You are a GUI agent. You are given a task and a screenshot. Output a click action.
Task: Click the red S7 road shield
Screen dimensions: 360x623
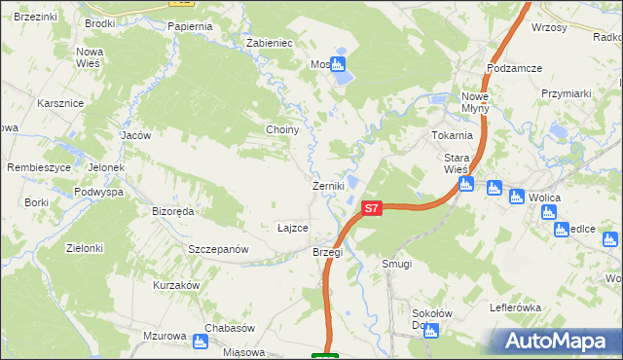click(x=371, y=208)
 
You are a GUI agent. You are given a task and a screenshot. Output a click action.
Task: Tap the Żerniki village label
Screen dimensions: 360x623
click(x=326, y=186)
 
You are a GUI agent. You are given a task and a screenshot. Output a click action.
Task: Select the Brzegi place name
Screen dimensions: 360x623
click(x=327, y=252)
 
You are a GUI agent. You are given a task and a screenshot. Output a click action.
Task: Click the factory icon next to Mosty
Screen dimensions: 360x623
click(x=338, y=65)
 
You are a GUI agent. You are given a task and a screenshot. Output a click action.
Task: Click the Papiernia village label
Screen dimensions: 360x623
click(x=189, y=26)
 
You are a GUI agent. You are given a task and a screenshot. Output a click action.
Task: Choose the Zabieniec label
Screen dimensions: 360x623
click(x=270, y=44)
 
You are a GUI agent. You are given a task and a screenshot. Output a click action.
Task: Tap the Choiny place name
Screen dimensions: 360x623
click(x=281, y=129)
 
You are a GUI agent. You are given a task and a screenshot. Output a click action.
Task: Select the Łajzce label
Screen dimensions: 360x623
click(x=293, y=228)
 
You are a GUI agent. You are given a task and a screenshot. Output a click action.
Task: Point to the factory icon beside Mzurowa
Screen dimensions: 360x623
click(x=201, y=341)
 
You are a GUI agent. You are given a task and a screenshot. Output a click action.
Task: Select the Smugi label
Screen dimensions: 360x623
click(x=397, y=264)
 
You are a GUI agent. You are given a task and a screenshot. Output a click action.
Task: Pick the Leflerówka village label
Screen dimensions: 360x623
click(x=516, y=306)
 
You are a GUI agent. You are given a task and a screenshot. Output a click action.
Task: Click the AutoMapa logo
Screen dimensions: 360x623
click(x=557, y=342)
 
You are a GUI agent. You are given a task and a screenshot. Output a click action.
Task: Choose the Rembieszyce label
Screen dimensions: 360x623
click(x=38, y=166)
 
